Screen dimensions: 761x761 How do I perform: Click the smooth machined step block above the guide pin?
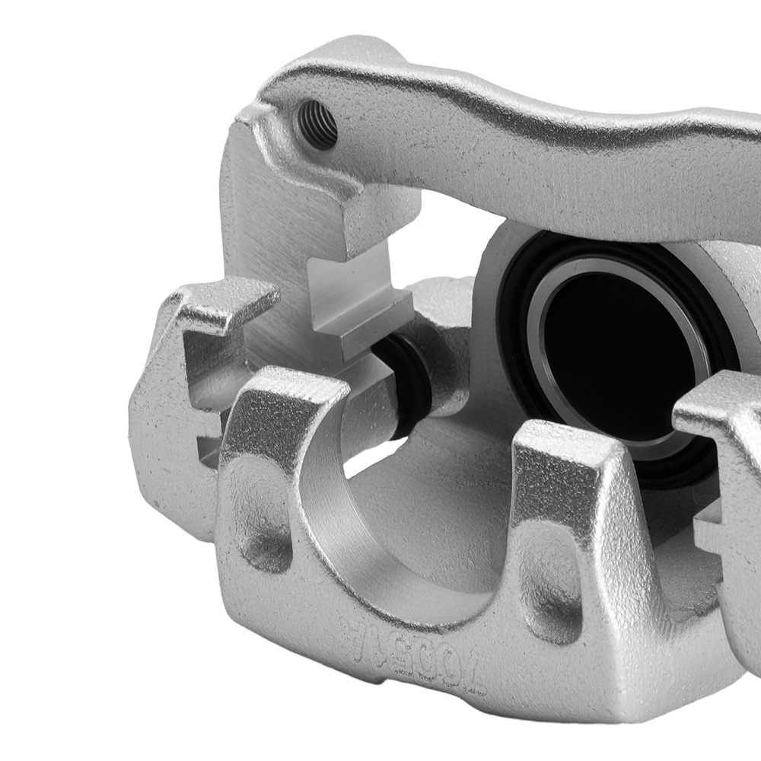[358, 304]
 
